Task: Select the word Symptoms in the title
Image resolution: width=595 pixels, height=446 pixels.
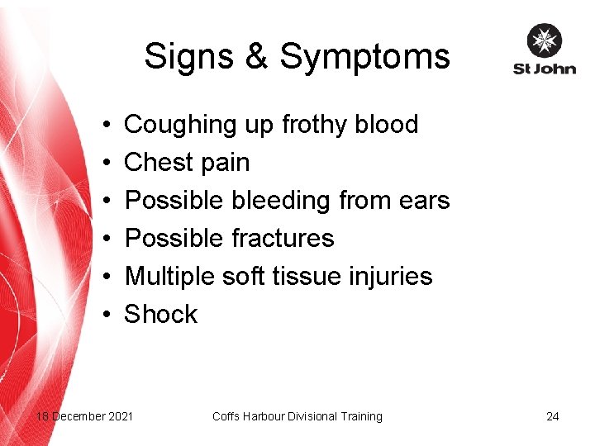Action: (364, 57)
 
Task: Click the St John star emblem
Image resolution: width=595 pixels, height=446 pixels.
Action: (544, 40)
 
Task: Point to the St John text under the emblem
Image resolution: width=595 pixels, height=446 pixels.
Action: (544, 69)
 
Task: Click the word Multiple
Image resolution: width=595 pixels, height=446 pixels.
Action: (170, 276)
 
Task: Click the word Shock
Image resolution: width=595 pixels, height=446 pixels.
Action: (161, 314)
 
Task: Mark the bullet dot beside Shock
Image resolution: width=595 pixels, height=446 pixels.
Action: (109, 315)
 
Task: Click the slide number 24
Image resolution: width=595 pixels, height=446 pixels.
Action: (552, 416)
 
